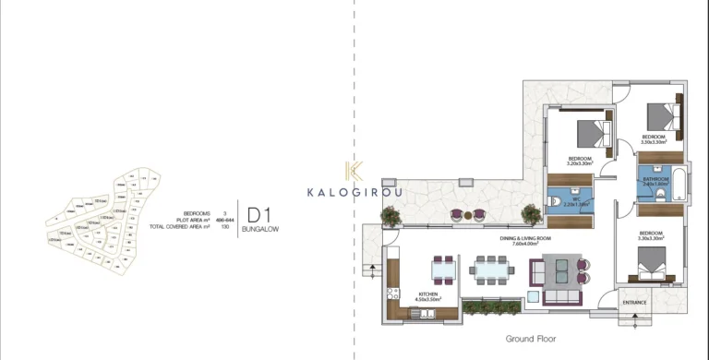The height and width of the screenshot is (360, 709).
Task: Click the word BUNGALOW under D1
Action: [259, 228]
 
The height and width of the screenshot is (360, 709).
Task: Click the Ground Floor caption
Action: [529, 339]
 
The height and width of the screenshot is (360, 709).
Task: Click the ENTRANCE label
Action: [635, 303]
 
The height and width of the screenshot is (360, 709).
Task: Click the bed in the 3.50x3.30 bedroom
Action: [659, 117]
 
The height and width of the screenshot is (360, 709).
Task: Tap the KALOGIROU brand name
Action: [354, 193]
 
